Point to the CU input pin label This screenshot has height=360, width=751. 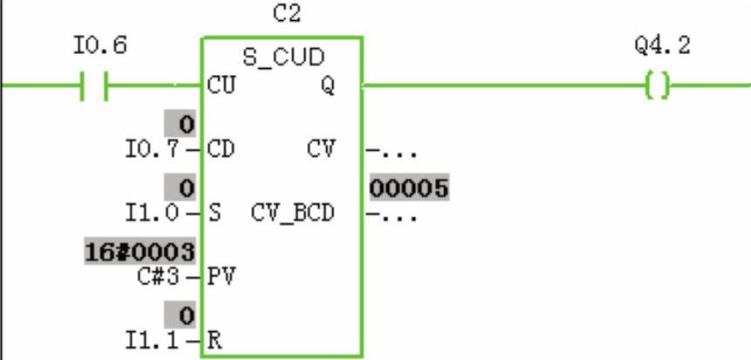(x=220, y=85)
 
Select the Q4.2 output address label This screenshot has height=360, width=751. (x=663, y=45)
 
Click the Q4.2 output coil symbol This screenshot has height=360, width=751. (x=660, y=85)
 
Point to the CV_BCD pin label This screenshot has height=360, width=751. (x=293, y=212)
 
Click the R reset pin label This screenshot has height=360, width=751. (x=215, y=339)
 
